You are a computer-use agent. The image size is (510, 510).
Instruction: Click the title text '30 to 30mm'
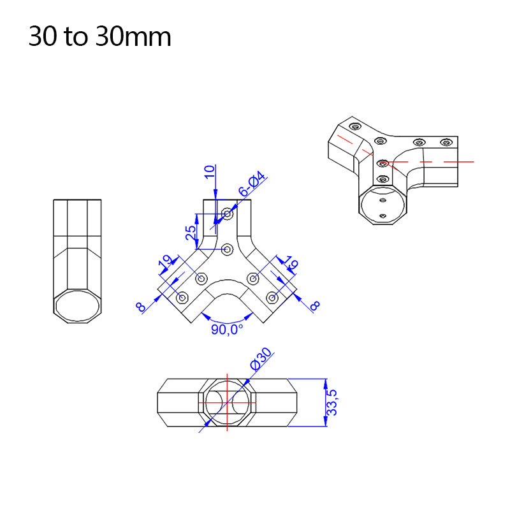point(99,37)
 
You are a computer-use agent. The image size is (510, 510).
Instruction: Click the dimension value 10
point(210,172)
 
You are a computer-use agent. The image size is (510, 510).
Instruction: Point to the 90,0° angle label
point(228,330)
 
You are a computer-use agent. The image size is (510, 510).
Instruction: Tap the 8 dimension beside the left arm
point(141,307)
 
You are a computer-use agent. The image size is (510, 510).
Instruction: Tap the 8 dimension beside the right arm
point(314,306)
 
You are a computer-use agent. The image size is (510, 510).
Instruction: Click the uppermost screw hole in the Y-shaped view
point(227,212)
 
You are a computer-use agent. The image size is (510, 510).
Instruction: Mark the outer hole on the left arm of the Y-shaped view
point(182,297)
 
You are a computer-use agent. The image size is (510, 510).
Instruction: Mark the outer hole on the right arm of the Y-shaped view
point(272,297)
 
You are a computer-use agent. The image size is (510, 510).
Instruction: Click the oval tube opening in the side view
point(78,306)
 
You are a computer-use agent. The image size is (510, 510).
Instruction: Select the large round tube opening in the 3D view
point(383,205)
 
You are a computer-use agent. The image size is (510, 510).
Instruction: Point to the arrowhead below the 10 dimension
point(216,195)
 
